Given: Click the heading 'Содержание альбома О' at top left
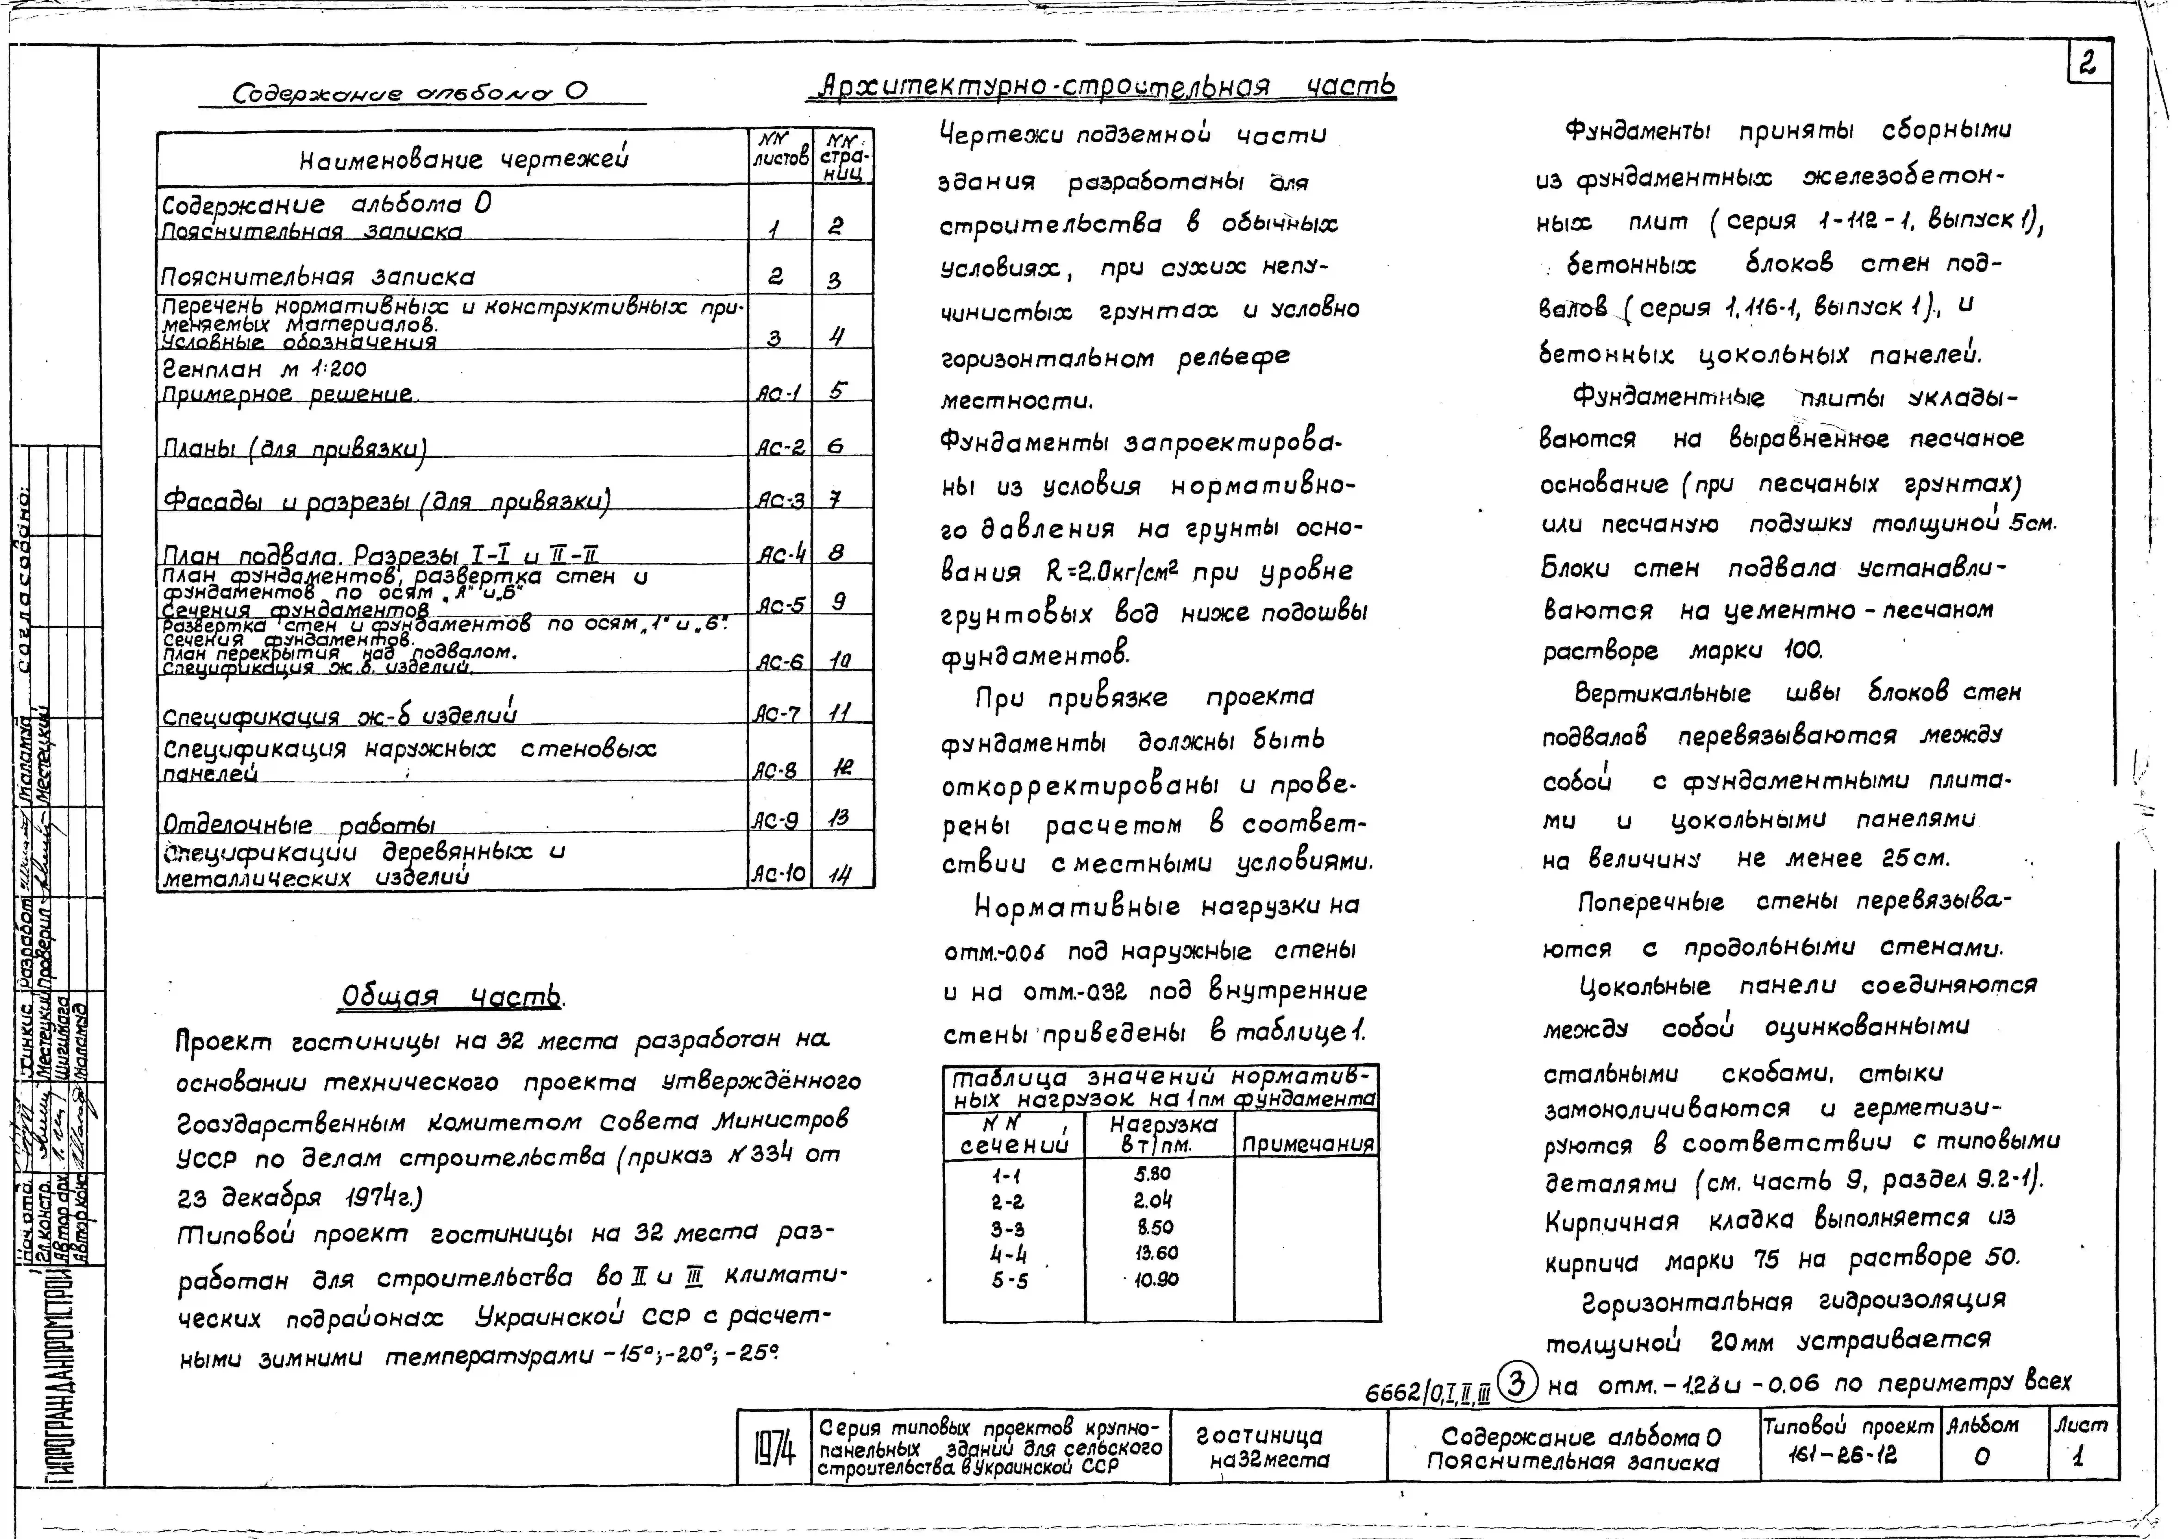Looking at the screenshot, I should coord(410,92).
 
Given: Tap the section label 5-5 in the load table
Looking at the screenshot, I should coord(1010,1280).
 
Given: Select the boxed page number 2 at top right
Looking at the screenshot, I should coord(2087,64).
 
